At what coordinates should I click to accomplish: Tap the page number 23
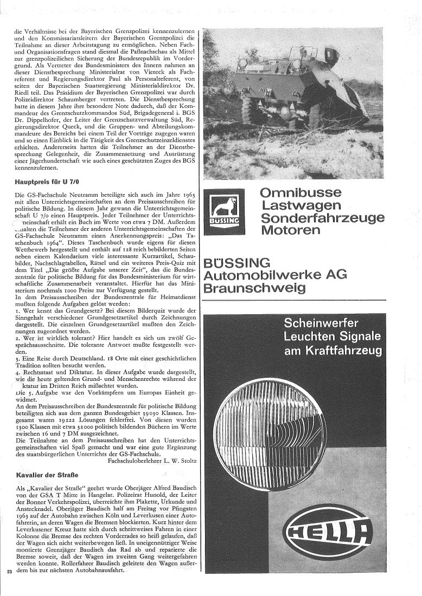(x=9, y=587)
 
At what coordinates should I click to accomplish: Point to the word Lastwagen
(x=309, y=205)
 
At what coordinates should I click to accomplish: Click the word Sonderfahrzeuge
(x=323, y=218)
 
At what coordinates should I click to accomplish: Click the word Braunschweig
(x=252, y=288)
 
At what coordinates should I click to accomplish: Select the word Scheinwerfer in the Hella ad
(x=331, y=325)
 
